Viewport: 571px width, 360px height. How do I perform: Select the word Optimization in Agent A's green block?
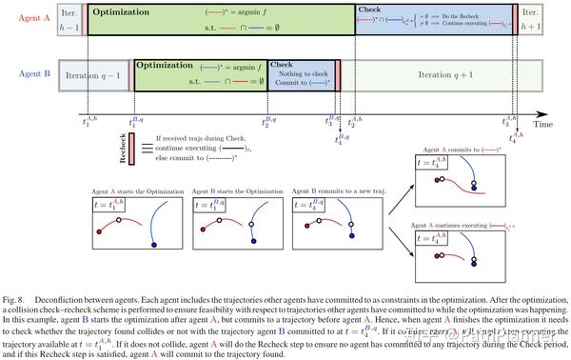pyautogui.click(x=124, y=11)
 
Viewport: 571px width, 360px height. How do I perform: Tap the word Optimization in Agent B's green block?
pyautogui.click(x=168, y=66)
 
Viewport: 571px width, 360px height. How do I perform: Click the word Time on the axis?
pyautogui.click(x=543, y=124)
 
